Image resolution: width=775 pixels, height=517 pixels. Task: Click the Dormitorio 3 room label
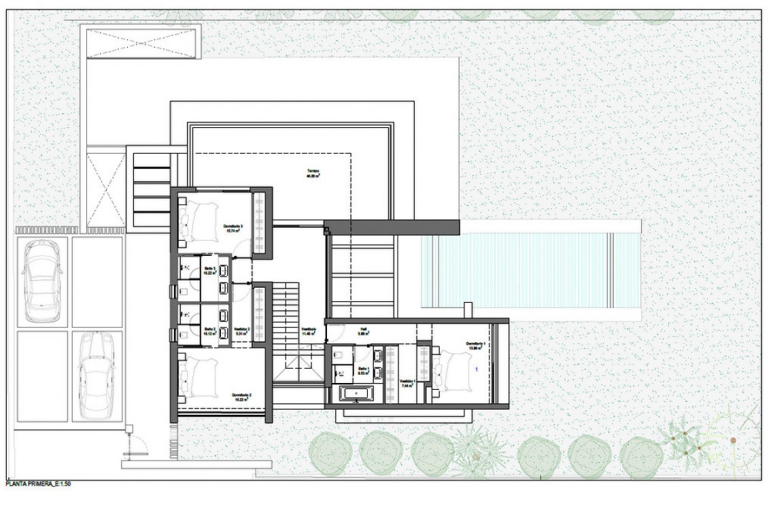point(233,227)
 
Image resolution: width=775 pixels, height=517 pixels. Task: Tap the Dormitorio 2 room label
point(241,397)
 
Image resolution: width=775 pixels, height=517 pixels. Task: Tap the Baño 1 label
point(363,371)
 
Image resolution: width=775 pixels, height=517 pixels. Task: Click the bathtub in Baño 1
point(356,393)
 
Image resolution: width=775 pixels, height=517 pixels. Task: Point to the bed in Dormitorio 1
point(454,373)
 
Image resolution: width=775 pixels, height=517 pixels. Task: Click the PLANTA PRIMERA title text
point(38,484)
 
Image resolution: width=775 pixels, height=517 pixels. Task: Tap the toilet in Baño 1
point(340,354)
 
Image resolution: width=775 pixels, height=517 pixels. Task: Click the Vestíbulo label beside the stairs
point(309,331)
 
